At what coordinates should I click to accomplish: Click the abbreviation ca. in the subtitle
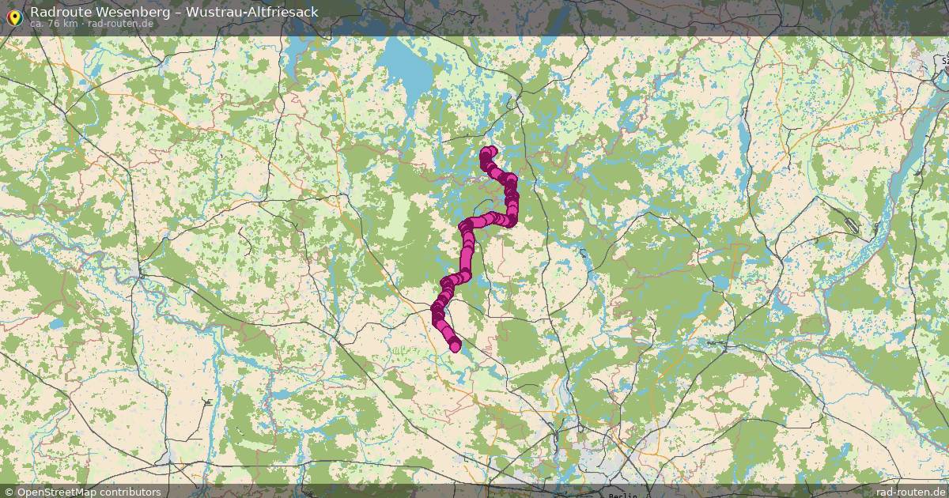(x=37, y=24)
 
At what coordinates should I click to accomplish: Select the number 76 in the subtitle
(x=55, y=24)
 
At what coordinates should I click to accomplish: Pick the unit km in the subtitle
(x=70, y=24)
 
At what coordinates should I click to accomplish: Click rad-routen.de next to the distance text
(x=120, y=24)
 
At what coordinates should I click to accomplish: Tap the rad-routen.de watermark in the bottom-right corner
(x=910, y=492)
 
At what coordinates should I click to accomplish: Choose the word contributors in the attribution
(x=131, y=492)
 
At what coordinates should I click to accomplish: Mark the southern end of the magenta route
(x=455, y=346)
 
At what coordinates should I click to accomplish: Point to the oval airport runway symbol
(x=851, y=224)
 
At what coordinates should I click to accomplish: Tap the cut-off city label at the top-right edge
(x=943, y=59)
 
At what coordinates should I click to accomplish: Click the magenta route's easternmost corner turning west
(x=512, y=218)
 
